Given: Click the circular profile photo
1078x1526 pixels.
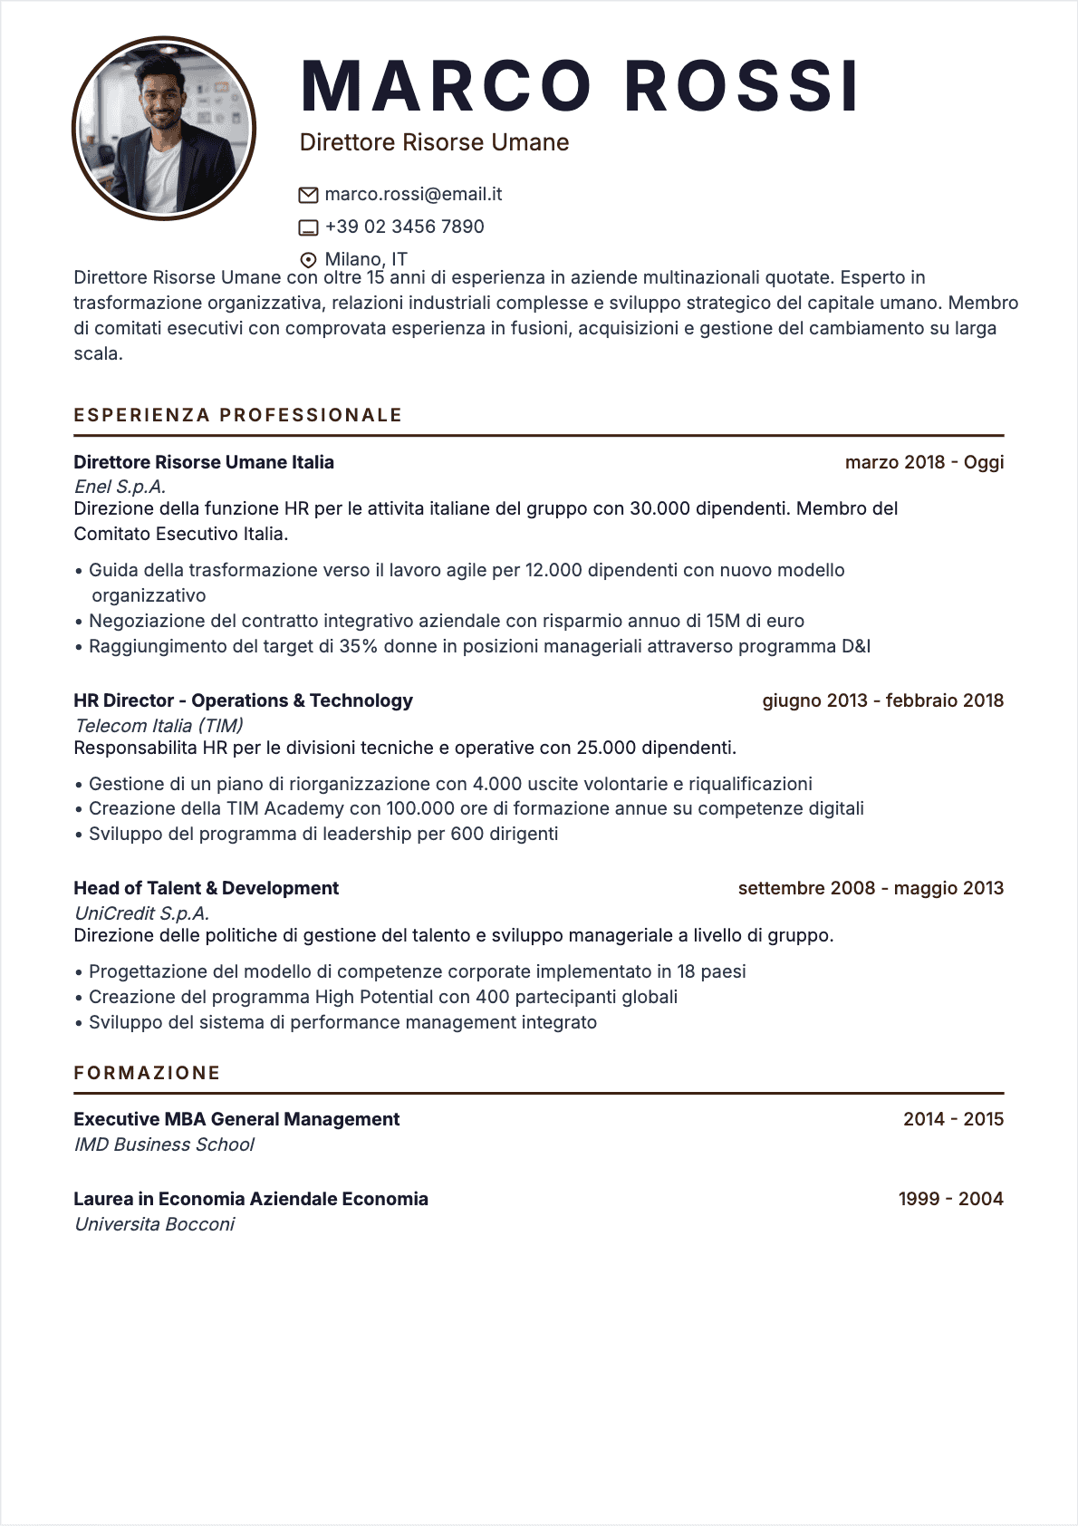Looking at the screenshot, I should pyautogui.click(x=164, y=129).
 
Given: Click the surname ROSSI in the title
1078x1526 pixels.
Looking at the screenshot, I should pyautogui.click(x=741, y=87).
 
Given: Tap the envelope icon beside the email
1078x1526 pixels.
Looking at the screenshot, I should pyautogui.click(x=308, y=195).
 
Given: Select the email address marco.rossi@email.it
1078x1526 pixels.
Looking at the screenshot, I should pyautogui.click(x=413, y=194).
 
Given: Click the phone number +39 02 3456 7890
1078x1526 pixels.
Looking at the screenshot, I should pyautogui.click(x=404, y=227).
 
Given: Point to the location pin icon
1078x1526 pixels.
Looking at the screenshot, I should pyautogui.click(x=308, y=260).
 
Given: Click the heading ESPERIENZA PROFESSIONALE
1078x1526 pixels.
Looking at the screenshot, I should pyautogui.click(x=238, y=415).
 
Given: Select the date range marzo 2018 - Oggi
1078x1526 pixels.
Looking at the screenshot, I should pyautogui.click(x=924, y=462).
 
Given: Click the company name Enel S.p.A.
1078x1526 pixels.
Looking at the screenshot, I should pyautogui.click(x=120, y=487).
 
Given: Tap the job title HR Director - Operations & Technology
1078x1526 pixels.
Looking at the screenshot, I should pyautogui.click(x=243, y=700).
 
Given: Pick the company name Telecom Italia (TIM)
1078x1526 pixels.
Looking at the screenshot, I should pyautogui.click(x=159, y=726).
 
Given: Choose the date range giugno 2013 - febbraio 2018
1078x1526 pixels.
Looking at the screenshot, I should pyautogui.click(x=882, y=700).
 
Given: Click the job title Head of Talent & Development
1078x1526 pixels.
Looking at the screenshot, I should pyautogui.click(x=206, y=888).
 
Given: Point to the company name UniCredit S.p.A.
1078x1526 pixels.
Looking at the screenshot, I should pyautogui.click(x=141, y=913).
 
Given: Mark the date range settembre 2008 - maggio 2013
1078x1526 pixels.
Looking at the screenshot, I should pyautogui.click(x=871, y=888).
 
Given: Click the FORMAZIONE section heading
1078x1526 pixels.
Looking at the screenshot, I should pyautogui.click(x=147, y=1073).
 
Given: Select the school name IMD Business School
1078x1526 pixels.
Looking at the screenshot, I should pyautogui.click(x=164, y=1144).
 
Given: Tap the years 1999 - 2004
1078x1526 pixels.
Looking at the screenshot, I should pyautogui.click(x=950, y=1199).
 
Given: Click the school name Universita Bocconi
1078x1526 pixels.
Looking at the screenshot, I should pyautogui.click(x=154, y=1224).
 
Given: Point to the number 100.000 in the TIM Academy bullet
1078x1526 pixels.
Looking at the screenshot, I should pyautogui.click(x=420, y=808).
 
